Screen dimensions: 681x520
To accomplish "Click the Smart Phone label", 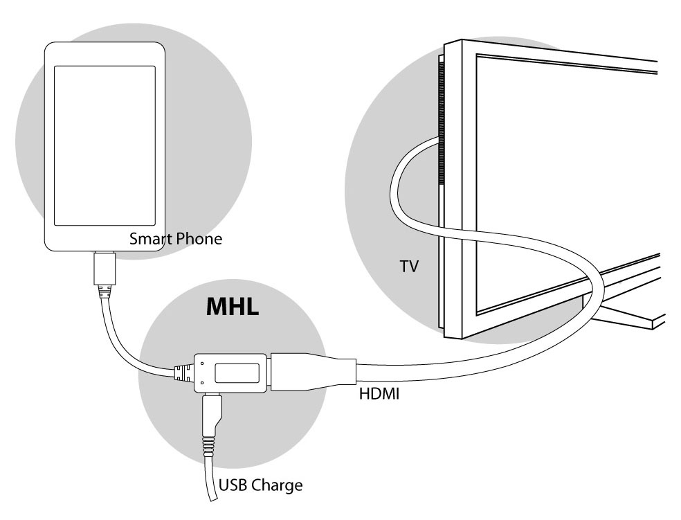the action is [176, 238].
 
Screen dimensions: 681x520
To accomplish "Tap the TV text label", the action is [409, 267].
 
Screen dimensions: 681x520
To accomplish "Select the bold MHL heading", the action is [233, 306].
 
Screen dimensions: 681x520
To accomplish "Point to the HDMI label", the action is [379, 393].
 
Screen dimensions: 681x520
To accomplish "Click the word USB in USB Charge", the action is [234, 485].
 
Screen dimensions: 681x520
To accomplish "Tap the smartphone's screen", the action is [105, 145].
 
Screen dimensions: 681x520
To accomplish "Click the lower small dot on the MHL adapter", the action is [202, 383].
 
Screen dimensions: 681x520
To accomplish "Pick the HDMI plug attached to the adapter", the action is [313, 372].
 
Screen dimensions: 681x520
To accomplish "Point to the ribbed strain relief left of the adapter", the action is [184, 373].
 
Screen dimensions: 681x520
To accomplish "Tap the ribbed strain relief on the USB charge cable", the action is [208, 447].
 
